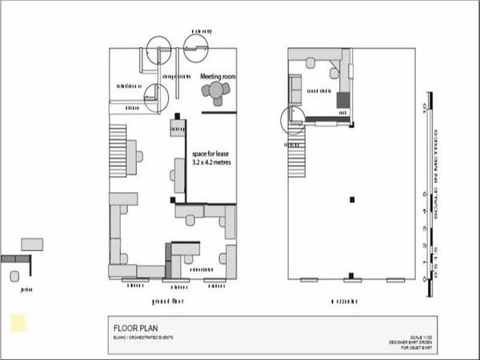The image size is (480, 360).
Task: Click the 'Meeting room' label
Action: click(218, 77)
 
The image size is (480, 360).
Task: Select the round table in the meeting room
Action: click(216, 92)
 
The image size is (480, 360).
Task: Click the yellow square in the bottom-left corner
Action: click(17, 322)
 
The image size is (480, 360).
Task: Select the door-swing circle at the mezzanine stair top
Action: click(292, 119)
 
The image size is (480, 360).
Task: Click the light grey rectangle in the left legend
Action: click(32, 243)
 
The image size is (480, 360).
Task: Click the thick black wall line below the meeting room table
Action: click(219, 113)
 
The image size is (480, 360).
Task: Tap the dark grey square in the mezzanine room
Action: click(343, 100)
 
